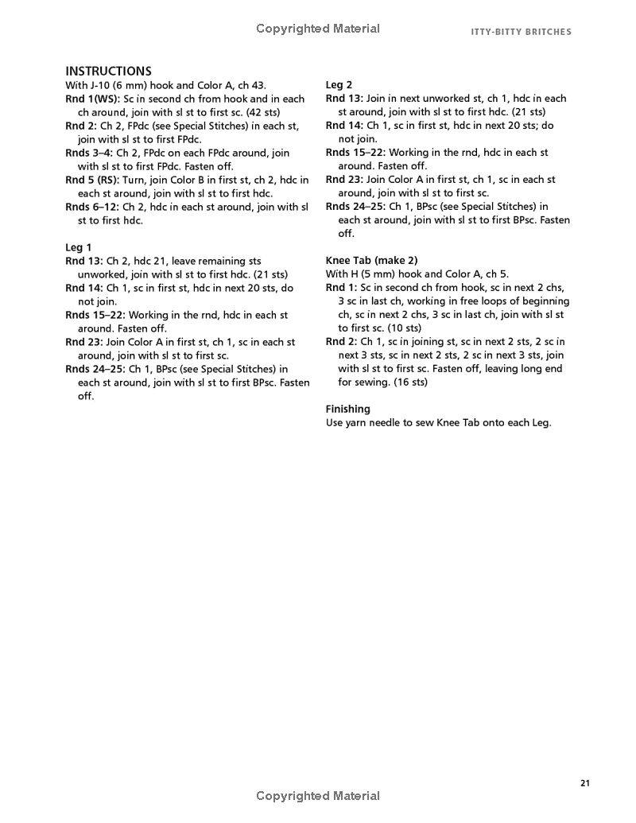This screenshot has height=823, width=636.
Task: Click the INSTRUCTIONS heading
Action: click(108, 71)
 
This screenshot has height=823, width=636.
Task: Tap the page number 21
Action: click(585, 783)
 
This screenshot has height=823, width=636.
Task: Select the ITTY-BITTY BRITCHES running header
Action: click(521, 32)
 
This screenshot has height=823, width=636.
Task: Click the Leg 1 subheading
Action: click(78, 247)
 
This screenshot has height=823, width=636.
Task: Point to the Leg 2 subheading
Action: click(339, 85)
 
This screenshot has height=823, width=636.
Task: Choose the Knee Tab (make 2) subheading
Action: click(371, 261)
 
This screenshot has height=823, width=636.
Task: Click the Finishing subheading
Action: click(347, 410)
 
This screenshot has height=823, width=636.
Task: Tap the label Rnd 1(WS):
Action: click(92, 99)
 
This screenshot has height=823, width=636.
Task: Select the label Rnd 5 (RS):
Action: click(92, 180)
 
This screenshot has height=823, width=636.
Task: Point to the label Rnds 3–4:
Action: click(88, 153)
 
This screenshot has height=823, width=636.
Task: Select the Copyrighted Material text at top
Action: click(318, 29)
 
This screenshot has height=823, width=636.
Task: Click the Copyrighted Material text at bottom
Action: click(318, 796)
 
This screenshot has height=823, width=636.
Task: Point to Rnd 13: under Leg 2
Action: click(344, 99)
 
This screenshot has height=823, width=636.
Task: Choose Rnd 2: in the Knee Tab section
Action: click(342, 342)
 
